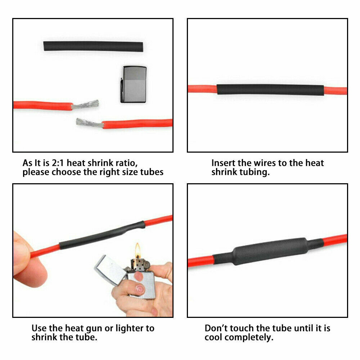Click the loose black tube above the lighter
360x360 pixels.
[93, 46]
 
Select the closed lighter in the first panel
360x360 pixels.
[134, 84]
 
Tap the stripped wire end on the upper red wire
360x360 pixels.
[85, 105]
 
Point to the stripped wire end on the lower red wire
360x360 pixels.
[90, 123]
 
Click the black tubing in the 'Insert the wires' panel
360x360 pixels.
[270, 90]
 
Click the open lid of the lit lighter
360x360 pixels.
[110, 270]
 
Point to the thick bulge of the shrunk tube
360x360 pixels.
[270, 251]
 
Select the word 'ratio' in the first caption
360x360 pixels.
[126, 163]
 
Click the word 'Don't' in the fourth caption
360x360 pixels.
[216, 328]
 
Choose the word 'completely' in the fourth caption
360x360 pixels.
[249, 338]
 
